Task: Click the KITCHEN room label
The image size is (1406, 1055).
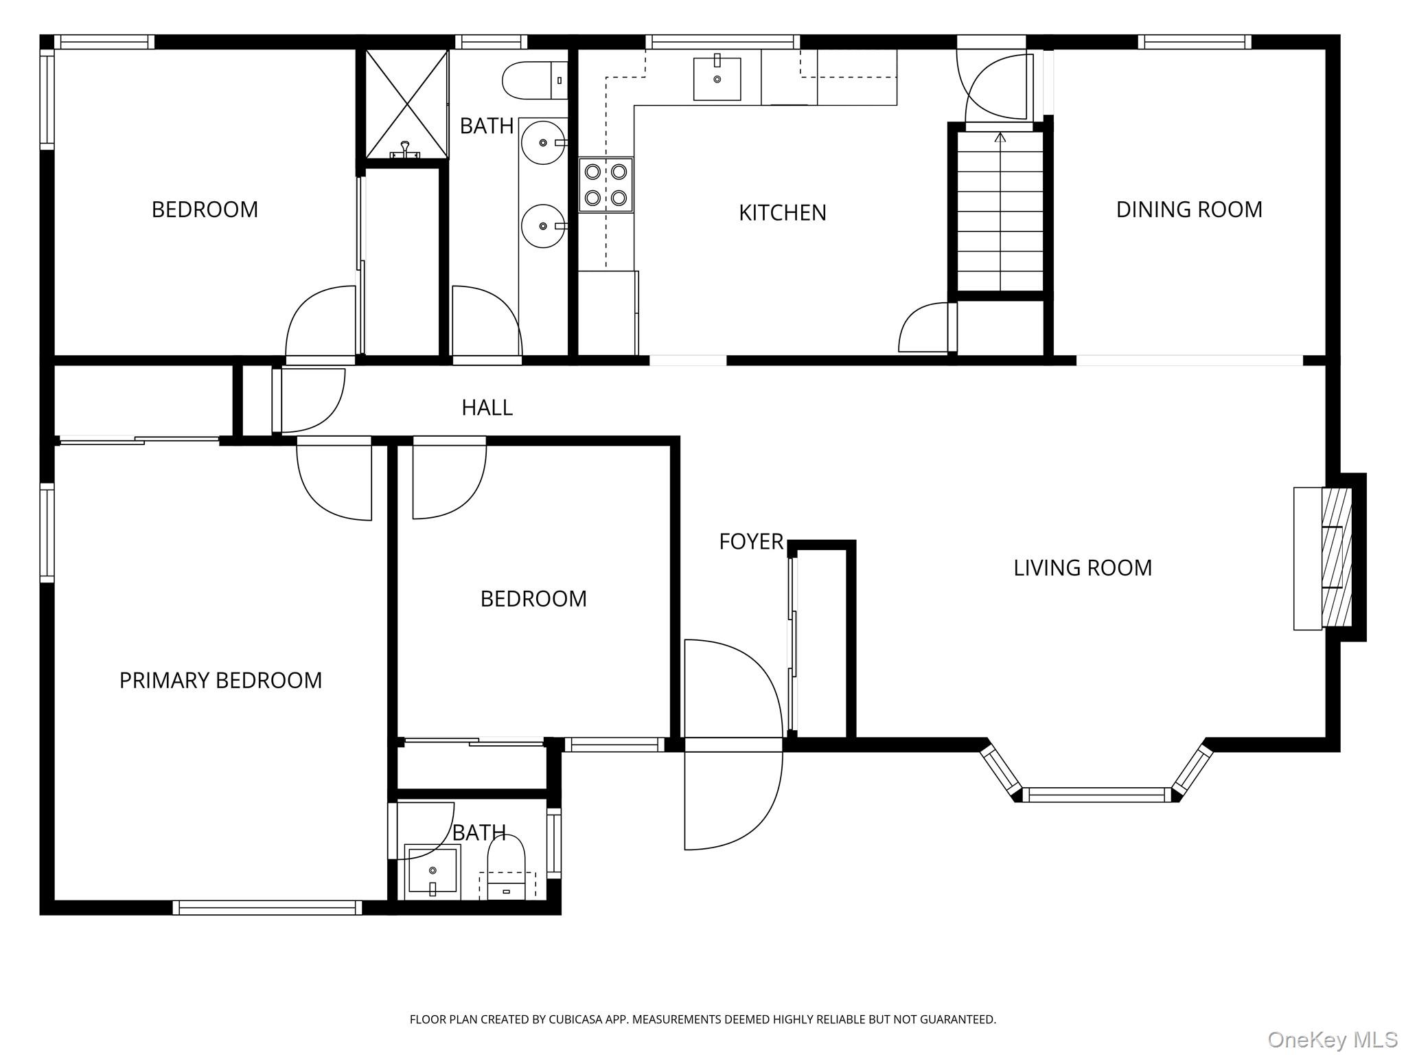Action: pyautogui.click(x=782, y=213)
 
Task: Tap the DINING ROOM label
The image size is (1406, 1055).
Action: pyautogui.click(x=1189, y=209)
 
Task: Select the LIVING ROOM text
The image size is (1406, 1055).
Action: pyautogui.click(x=1083, y=568)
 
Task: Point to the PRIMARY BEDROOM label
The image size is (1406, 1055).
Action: pyautogui.click(x=220, y=681)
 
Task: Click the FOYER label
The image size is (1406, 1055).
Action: pyautogui.click(x=751, y=542)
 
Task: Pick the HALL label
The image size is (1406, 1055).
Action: pyautogui.click(x=487, y=408)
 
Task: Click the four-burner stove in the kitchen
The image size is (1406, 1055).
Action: pyautogui.click(x=606, y=185)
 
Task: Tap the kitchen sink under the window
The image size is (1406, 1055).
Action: pyautogui.click(x=717, y=78)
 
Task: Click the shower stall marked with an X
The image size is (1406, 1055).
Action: pyautogui.click(x=406, y=104)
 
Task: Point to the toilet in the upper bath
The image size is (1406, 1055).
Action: pyautogui.click(x=535, y=80)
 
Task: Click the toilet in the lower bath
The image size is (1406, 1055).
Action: pyautogui.click(x=506, y=867)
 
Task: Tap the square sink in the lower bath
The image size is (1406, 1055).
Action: pyautogui.click(x=432, y=872)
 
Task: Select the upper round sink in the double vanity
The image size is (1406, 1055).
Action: pyautogui.click(x=544, y=142)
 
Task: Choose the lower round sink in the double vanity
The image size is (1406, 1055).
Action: pyautogui.click(x=544, y=225)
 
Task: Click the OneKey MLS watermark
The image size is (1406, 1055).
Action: pyautogui.click(x=1332, y=1040)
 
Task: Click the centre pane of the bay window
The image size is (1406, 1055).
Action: pyautogui.click(x=1096, y=795)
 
